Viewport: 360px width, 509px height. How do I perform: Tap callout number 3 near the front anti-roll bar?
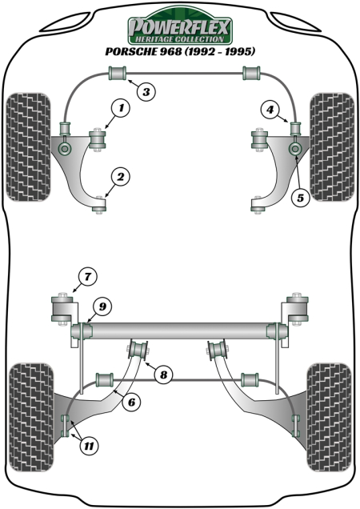click(145, 93)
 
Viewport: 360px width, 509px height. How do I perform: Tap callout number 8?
click(163, 374)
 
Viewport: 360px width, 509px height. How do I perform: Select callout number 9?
click(102, 304)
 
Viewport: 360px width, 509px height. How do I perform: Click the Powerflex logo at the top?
click(180, 30)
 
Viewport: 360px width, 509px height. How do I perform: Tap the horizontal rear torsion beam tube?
click(180, 329)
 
